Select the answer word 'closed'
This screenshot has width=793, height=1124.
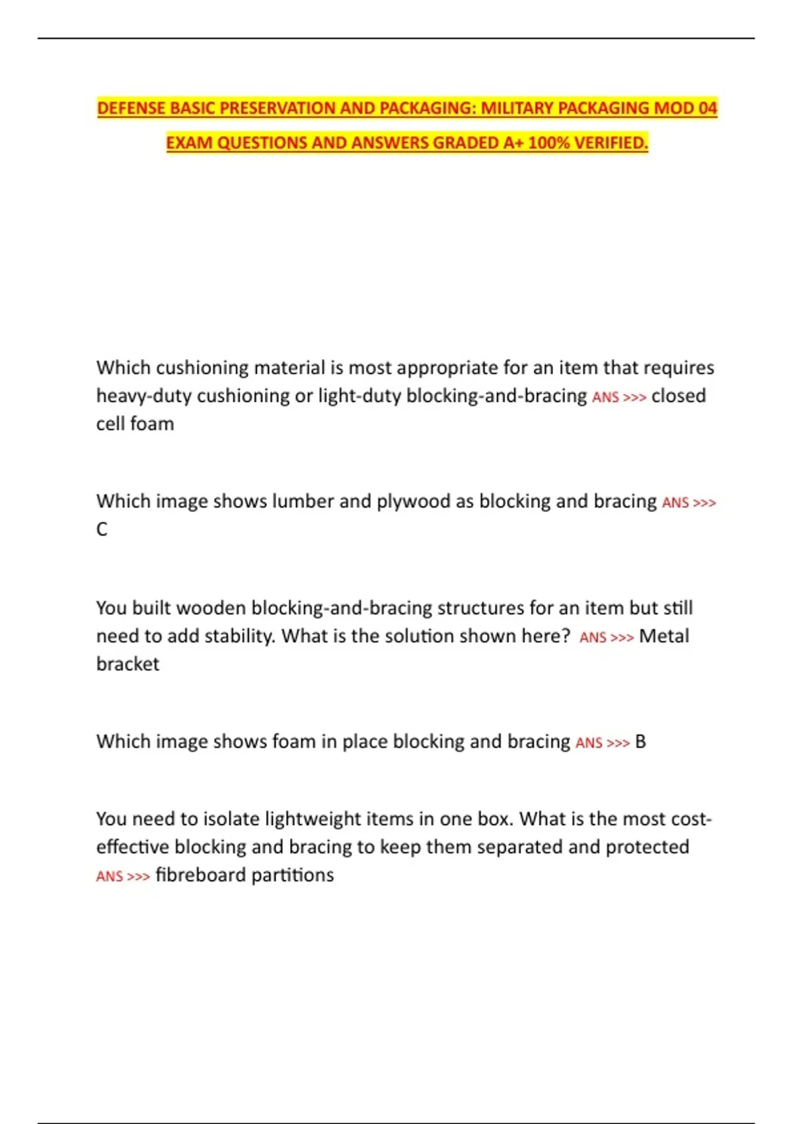678,396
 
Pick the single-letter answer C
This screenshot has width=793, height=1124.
102,530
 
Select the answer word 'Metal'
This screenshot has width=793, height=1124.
663,636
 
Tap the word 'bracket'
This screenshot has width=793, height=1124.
128,664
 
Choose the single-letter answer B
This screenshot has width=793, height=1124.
640,742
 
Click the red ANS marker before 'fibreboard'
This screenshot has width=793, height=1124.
110,877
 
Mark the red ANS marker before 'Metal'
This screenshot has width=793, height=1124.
593,637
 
